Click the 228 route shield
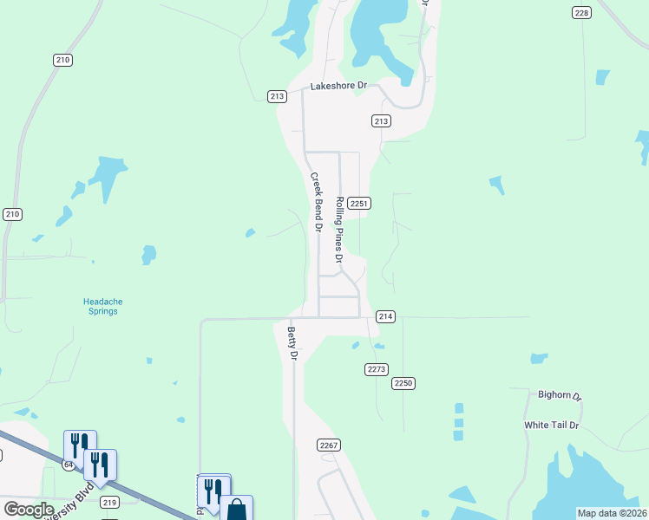[x=582, y=12]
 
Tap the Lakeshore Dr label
[x=340, y=86]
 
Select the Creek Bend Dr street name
[x=317, y=202]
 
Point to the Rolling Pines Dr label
[x=340, y=229]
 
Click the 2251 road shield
[x=361, y=203]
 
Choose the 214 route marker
[x=386, y=317]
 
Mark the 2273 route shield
[x=376, y=369]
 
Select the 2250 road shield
[x=403, y=383]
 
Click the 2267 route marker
[x=329, y=445]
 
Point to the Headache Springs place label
[x=101, y=306]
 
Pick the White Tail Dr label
[x=551, y=426]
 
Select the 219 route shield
[x=109, y=502]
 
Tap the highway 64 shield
[x=68, y=465]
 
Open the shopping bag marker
[x=237, y=510]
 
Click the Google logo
[x=29, y=510]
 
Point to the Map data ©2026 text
[x=612, y=513]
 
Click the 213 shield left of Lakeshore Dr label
[x=277, y=96]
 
